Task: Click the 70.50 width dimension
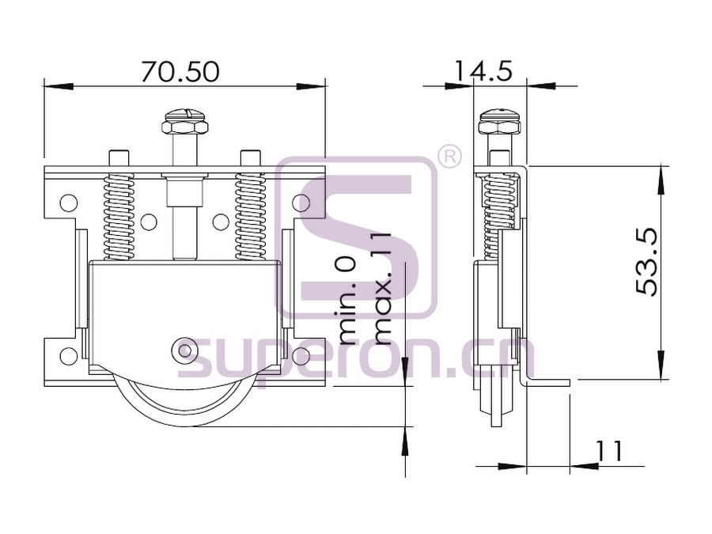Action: click(180, 72)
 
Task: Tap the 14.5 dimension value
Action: click(483, 71)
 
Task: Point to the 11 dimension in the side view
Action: click(609, 451)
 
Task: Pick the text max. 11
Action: click(381, 290)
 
